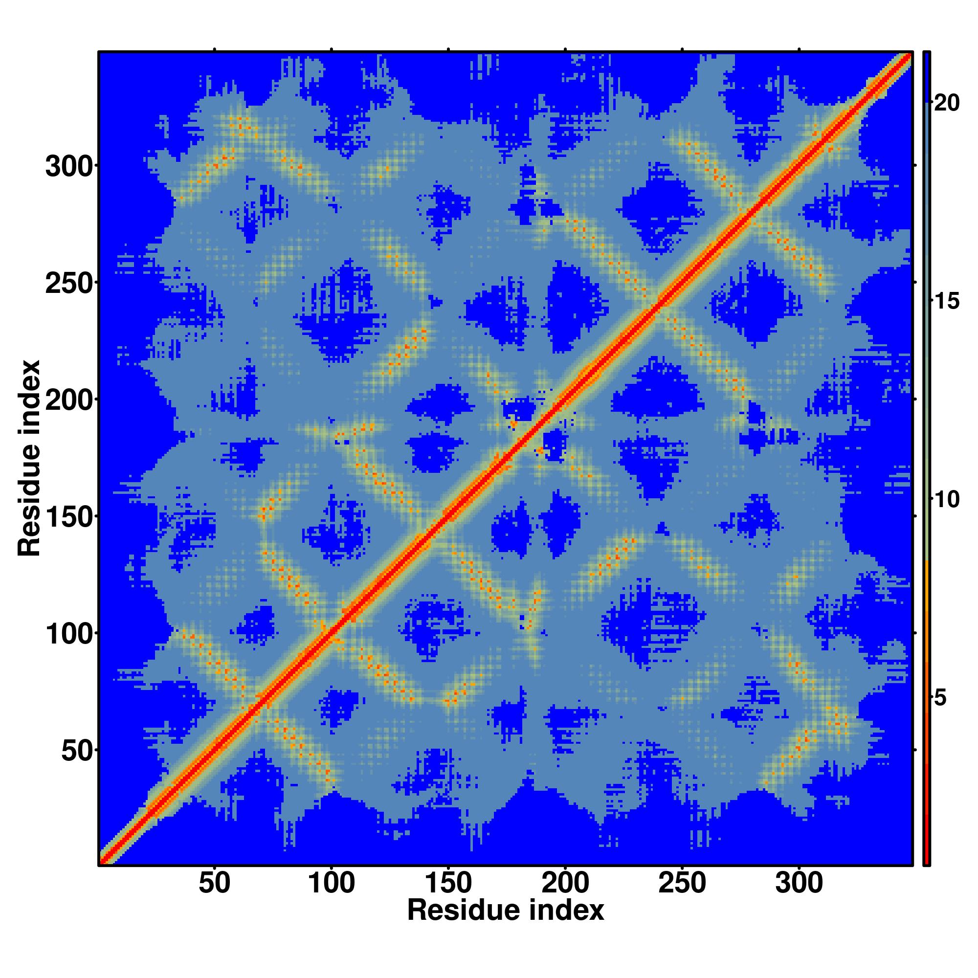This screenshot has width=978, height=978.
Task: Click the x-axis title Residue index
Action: (506, 911)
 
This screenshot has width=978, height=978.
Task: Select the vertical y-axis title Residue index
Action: (29, 458)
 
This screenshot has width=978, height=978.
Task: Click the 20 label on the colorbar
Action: (946, 103)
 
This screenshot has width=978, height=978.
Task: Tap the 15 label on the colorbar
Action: (946, 302)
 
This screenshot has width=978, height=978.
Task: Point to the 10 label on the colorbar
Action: (946, 500)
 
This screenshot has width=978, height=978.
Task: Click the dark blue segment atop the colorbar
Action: (926, 76)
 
